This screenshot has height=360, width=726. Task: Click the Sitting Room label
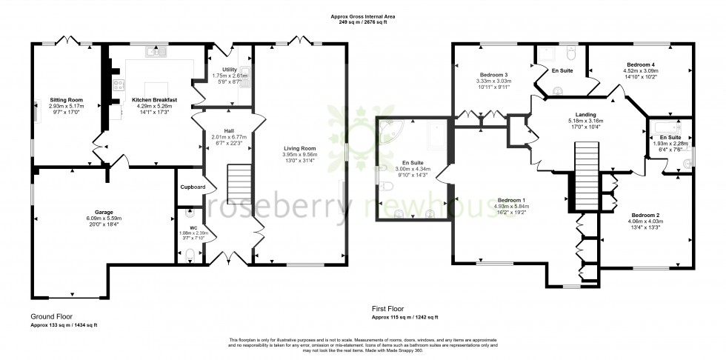(66, 99)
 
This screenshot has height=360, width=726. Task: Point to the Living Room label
(300, 148)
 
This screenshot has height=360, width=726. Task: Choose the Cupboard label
(193, 187)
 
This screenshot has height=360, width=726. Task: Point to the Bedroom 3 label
(493, 75)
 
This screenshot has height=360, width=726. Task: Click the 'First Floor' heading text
(389, 308)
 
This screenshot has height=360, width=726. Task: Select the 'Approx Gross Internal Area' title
(362, 16)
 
